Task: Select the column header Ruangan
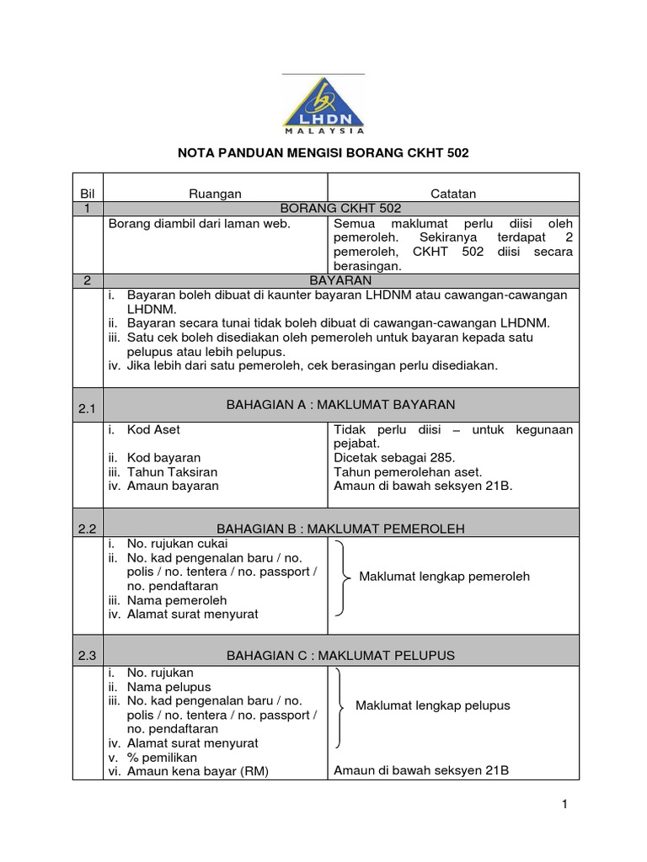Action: (x=215, y=194)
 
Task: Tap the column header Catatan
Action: (x=453, y=194)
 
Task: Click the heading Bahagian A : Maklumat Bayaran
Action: (x=341, y=405)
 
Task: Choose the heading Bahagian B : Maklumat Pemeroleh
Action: (x=341, y=529)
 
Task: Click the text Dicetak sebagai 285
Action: (x=395, y=457)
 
